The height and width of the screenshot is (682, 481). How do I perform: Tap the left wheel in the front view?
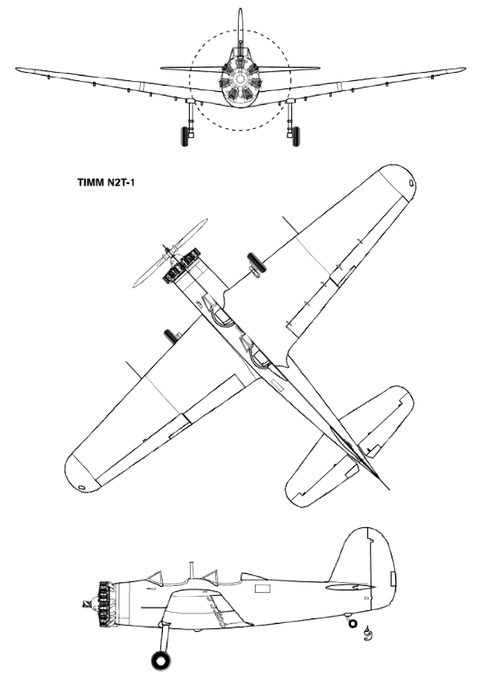click(x=184, y=137)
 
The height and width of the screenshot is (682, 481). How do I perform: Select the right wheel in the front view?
click(x=295, y=137)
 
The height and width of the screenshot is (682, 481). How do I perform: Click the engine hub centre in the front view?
click(x=240, y=80)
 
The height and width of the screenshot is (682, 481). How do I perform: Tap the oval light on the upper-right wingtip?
click(x=411, y=182)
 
